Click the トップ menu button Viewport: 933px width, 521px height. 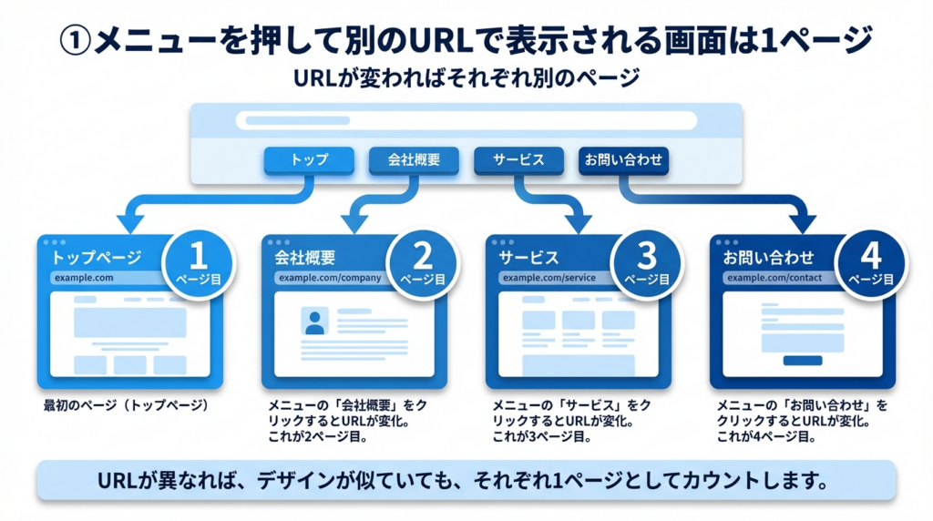tap(309, 160)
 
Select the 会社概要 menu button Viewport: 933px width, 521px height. tap(415, 160)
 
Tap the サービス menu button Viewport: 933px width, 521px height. tap(518, 160)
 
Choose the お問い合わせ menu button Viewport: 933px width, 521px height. tap(624, 160)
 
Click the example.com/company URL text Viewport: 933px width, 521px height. tap(330, 278)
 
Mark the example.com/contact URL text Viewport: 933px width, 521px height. tap(774, 278)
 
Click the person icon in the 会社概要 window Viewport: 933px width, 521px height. tap(314, 322)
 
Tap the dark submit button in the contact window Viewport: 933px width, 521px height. tap(803, 361)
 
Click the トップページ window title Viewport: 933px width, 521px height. tap(92, 258)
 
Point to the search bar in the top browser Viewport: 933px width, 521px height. tap(466, 121)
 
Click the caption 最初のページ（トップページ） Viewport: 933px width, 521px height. tap(126, 405)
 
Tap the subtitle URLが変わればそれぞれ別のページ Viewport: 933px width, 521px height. tap(466, 78)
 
